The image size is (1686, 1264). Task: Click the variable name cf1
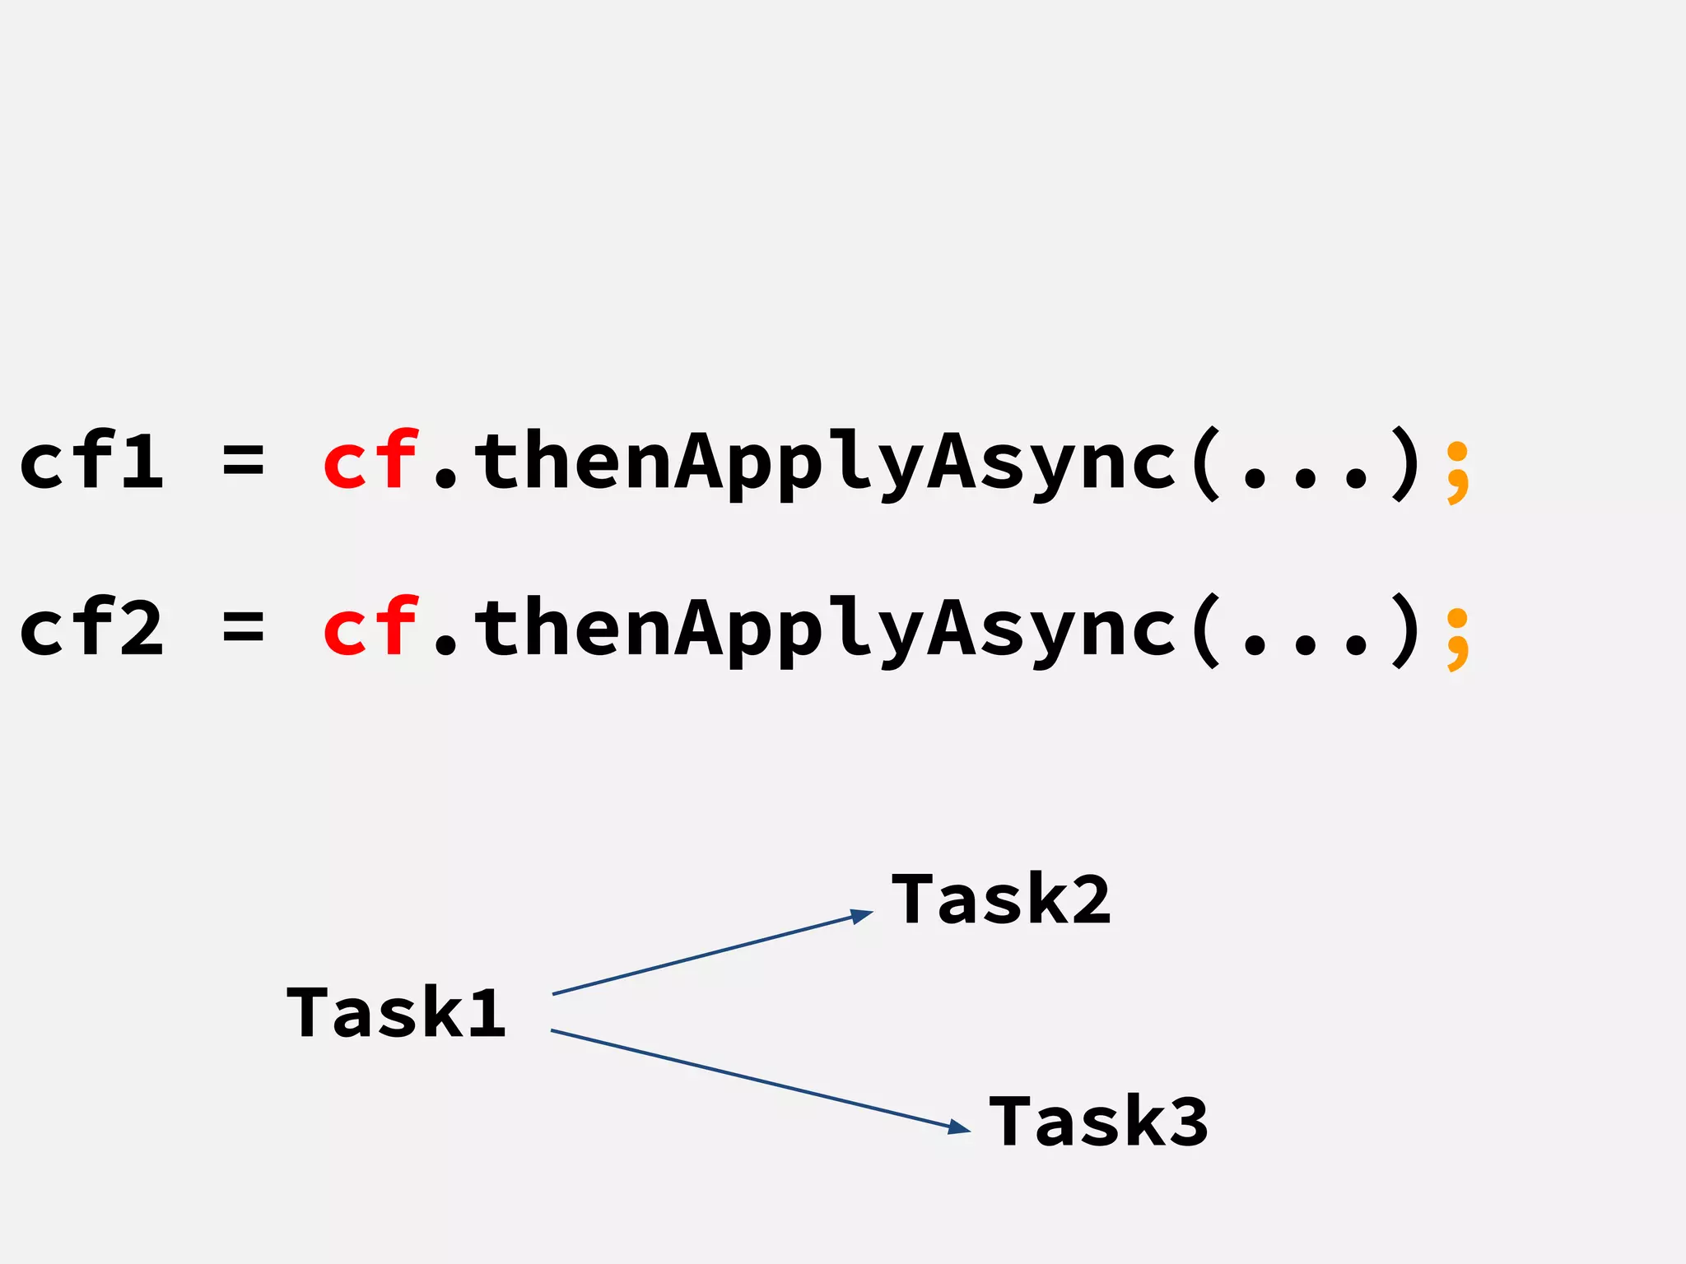point(91,461)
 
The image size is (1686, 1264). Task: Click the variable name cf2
point(91,627)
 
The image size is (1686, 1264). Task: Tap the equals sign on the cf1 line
point(243,461)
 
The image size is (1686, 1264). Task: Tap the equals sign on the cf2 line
point(243,627)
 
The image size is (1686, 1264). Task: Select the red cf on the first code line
point(370,461)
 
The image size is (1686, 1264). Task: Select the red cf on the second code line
point(370,627)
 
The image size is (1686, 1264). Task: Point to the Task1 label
point(396,1012)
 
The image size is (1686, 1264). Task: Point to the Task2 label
point(1001,899)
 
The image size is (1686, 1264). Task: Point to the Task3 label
point(1098,1121)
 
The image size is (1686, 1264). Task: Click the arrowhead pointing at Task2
point(863,915)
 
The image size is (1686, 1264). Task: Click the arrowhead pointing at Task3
point(960,1127)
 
